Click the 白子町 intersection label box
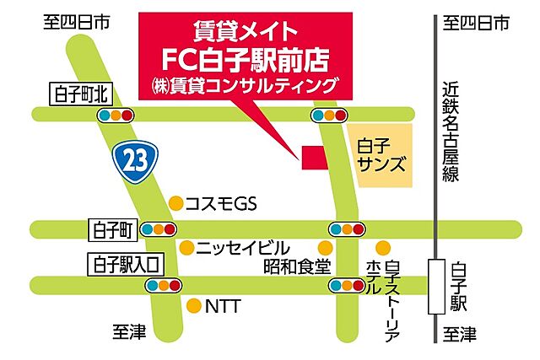click(x=111, y=228)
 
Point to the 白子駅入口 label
click(x=123, y=264)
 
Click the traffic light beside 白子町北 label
click(x=116, y=115)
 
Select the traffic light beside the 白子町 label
click(x=158, y=228)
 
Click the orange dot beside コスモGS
click(x=175, y=203)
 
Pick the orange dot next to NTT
click(x=195, y=306)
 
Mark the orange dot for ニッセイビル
click(x=186, y=248)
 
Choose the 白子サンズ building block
click(x=378, y=155)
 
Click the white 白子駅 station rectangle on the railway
click(x=436, y=287)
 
